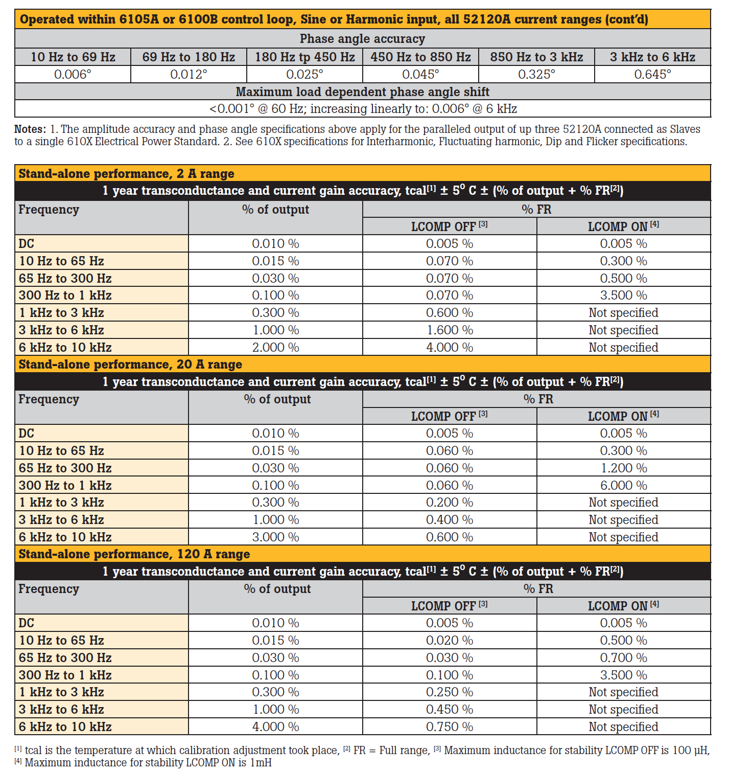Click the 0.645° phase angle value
(x=652, y=75)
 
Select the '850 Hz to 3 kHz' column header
(x=536, y=57)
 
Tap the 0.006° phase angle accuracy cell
(x=73, y=75)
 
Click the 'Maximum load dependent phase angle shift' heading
(x=362, y=92)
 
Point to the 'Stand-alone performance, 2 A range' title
(x=126, y=174)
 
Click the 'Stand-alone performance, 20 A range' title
(x=130, y=365)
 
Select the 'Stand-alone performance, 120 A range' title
(x=134, y=554)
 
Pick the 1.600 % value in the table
(x=450, y=330)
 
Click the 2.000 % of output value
(x=275, y=348)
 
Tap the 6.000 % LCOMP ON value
(x=623, y=485)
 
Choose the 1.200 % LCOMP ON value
(x=623, y=468)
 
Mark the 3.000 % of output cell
(x=275, y=537)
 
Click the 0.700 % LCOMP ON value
(x=623, y=657)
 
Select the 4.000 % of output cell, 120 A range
(x=275, y=727)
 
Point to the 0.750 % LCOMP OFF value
(x=450, y=727)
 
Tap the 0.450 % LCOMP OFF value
(x=450, y=710)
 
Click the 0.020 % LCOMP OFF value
(x=450, y=640)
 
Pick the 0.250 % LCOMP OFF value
(x=450, y=692)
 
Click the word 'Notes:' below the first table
(x=30, y=129)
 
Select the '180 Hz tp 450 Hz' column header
(x=304, y=57)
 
